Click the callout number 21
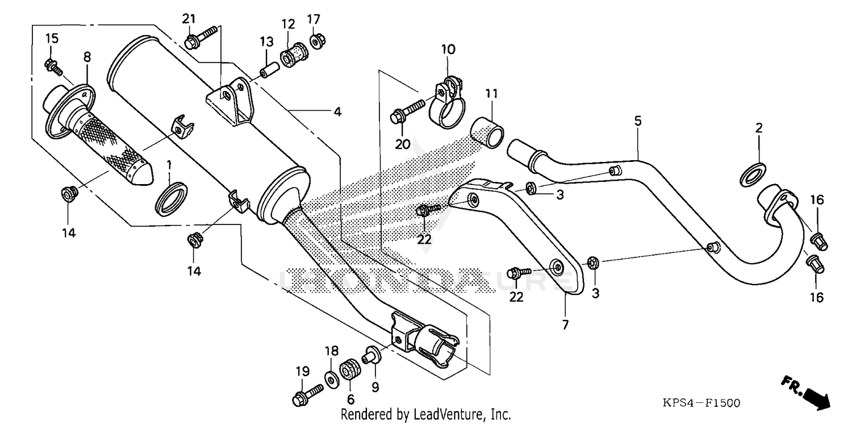(x=189, y=19)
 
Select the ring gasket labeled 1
(x=171, y=198)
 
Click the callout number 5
(x=638, y=120)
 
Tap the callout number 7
(x=565, y=325)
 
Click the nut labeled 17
(x=315, y=41)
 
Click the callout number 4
(x=337, y=112)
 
